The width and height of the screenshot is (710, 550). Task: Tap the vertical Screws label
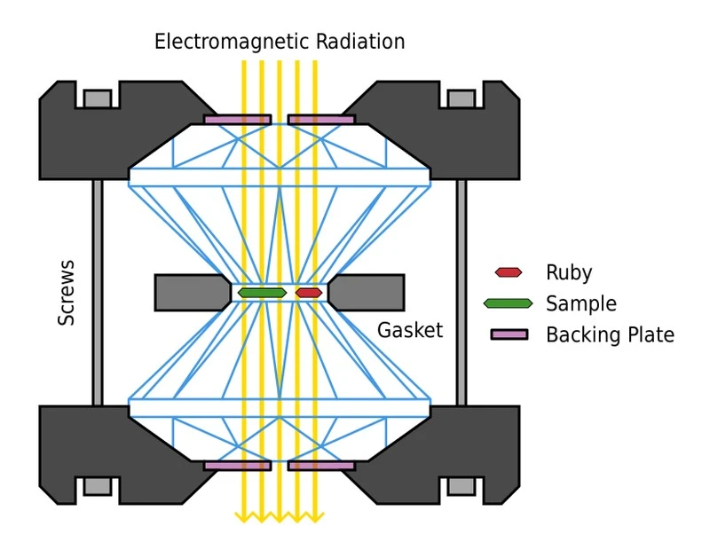tap(67, 293)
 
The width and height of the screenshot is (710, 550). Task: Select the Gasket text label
tap(409, 331)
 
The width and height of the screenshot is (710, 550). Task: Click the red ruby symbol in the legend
tap(508, 273)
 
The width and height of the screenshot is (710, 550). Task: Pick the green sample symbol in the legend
tap(508, 303)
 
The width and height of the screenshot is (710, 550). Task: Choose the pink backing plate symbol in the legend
tap(509, 334)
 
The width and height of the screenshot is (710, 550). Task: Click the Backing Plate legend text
tap(610, 334)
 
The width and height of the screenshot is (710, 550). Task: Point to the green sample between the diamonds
tap(262, 293)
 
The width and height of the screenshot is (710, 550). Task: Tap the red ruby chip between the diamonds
tap(309, 293)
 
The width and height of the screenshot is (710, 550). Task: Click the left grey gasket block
tap(191, 293)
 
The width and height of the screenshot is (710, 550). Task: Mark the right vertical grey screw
tap(461, 293)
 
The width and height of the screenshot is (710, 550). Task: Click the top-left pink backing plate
tap(237, 119)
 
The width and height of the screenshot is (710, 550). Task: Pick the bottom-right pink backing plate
tap(321, 465)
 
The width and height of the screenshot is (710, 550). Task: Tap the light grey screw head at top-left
tap(98, 98)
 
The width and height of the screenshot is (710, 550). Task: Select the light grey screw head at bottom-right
tap(461, 486)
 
